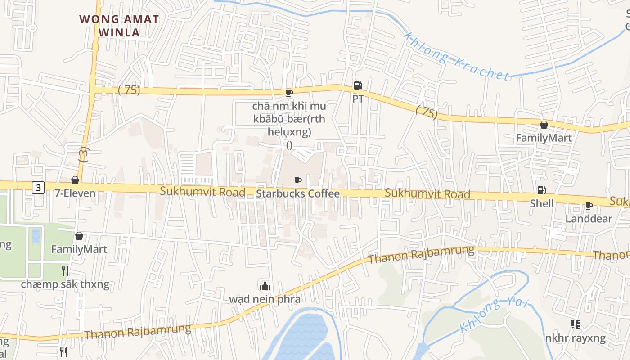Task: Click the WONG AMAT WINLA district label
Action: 119,26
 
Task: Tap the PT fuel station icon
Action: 357,85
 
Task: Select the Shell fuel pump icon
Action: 541,190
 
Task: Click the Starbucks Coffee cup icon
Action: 297,181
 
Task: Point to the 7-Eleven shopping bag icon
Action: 75,180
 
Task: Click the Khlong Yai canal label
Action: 494,315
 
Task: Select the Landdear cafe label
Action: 589,219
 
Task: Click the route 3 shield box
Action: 38,188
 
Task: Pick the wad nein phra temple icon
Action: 265,285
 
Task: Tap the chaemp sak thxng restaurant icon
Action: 65,270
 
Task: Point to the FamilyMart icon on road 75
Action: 544,125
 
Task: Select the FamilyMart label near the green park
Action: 79,249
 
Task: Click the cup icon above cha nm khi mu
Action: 289,93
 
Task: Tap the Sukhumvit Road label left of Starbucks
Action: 202,192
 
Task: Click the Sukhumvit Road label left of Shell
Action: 427,193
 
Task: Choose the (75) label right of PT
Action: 426,112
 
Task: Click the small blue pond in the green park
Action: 36,235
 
